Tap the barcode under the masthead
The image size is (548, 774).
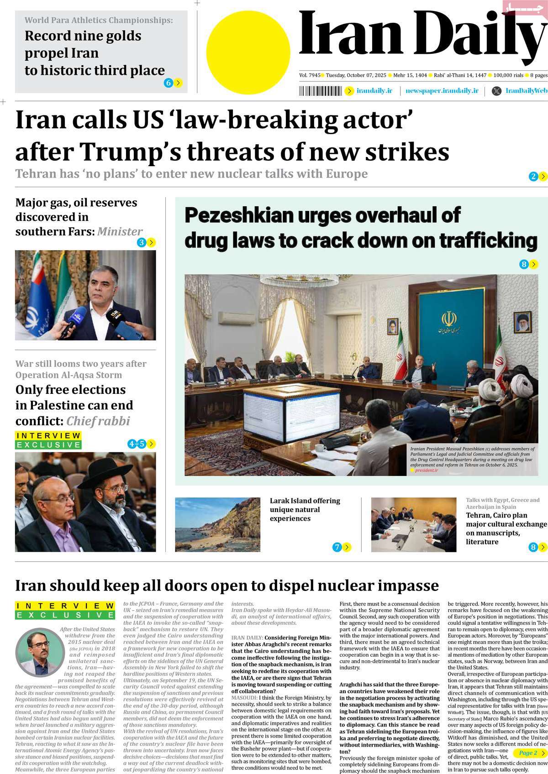coord(320,91)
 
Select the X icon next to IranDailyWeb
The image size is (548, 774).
coord(496,91)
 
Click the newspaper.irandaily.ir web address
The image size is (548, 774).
coord(442,91)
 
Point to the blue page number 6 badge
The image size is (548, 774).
coord(169,83)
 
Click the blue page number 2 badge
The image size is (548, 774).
coord(533,177)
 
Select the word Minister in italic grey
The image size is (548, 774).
coord(120,232)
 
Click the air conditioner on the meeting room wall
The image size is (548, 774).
coord(231,318)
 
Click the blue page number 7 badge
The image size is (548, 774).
coord(337,547)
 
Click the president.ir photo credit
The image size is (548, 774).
coord(426,470)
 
